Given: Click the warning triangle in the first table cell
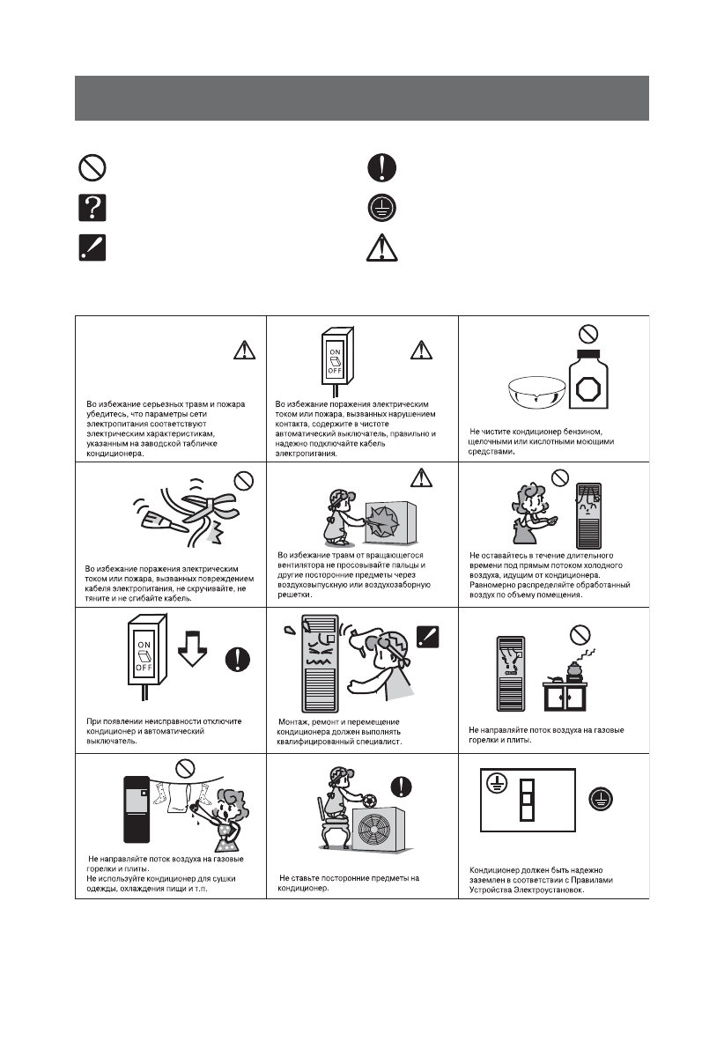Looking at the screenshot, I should coord(241,350).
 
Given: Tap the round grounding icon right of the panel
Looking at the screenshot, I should coord(602,797).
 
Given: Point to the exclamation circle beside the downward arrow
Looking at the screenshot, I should coord(237,657).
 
